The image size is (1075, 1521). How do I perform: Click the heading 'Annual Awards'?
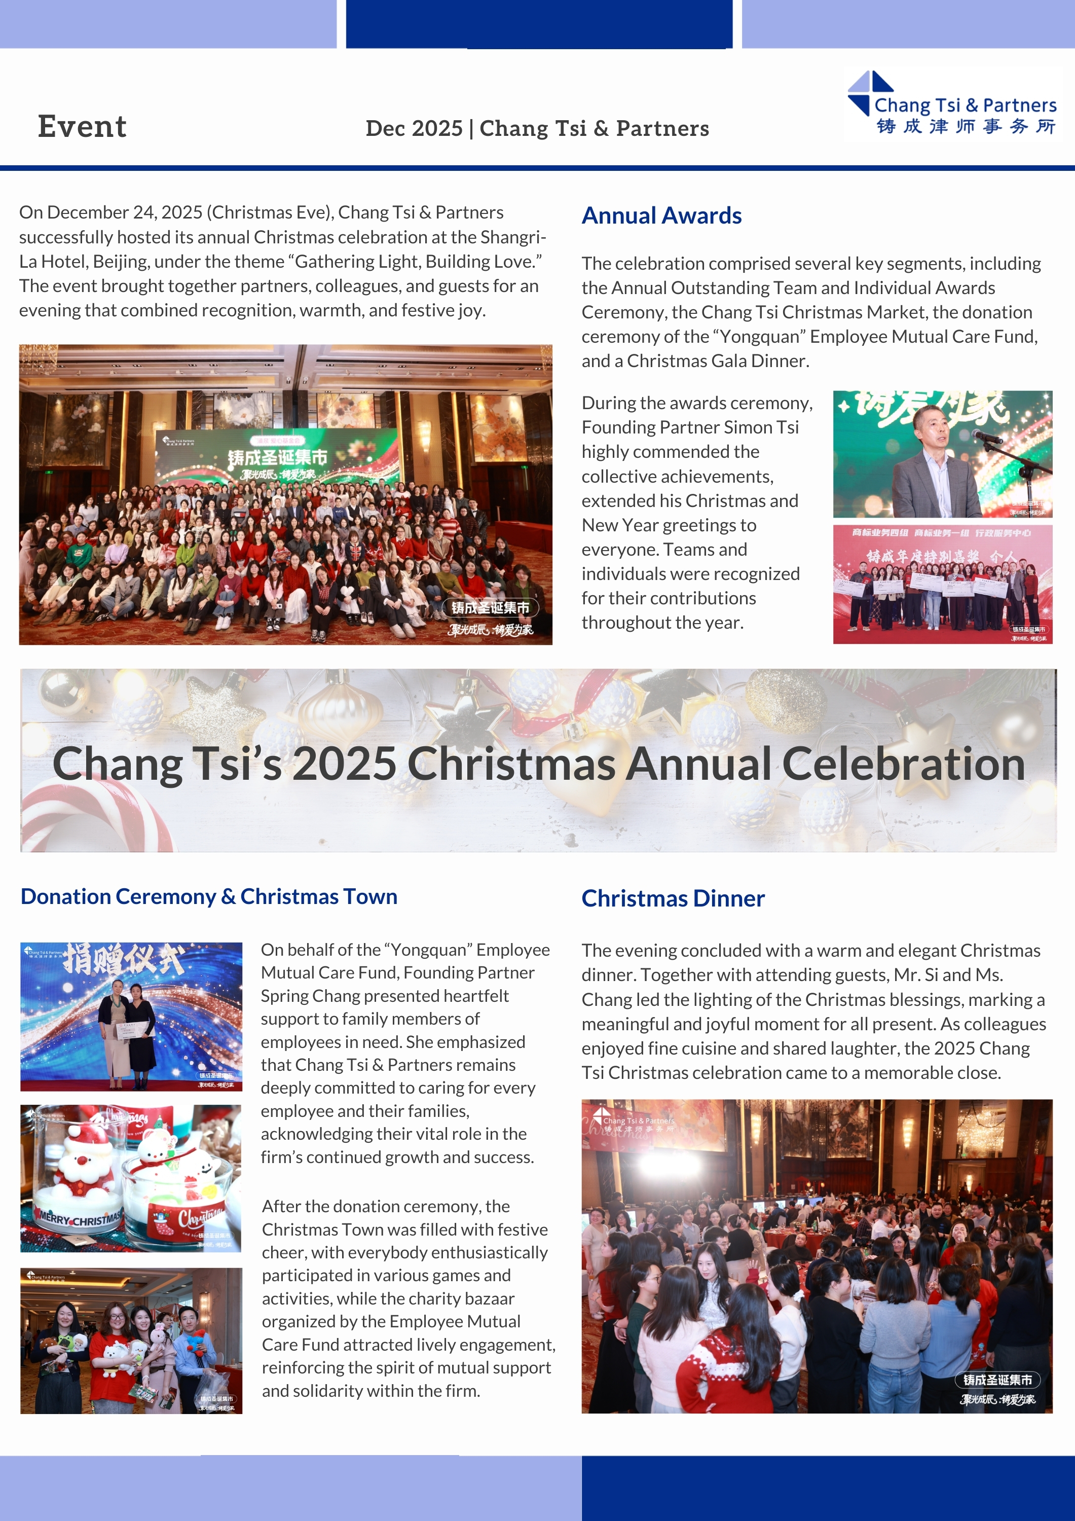[x=661, y=216]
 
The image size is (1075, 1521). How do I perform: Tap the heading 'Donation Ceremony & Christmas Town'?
[x=209, y=896]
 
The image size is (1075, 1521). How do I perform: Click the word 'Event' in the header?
[x=82, y=127]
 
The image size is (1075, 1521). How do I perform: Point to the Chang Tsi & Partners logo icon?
[x=870, y=92]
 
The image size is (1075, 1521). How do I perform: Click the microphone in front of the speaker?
[x=986, y=436]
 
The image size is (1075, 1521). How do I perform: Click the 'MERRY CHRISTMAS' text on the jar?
[x=80, y=1219]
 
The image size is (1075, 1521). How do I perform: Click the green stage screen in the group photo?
[x=278, y=457]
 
